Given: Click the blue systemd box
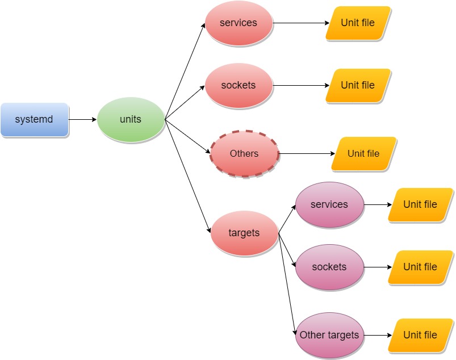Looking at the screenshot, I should click(34, 120).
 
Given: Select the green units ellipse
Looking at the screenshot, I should click(131, 120).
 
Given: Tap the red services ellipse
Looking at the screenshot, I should click(239, 23).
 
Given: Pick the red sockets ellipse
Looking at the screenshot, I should click(239, 86).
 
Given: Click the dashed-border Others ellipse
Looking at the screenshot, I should click(244, 154).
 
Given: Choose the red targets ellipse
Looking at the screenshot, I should click(244, 233).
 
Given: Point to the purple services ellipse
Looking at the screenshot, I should click(329, 204).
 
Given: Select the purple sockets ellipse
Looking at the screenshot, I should click(329, 267).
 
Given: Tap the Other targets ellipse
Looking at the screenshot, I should click(329, 335).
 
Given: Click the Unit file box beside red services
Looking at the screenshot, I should click(358, 23).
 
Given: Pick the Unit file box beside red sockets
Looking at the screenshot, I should click(358, 86).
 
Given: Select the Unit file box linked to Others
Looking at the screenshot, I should click(363, 154).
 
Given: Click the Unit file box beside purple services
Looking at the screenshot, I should click(420, 204).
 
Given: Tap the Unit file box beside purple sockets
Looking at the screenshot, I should click(420, 267).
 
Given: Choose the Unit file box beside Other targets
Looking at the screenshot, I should click(420, 335).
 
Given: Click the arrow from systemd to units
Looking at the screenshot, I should click(82, 120).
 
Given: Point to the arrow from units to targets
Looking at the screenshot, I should click(188, 177).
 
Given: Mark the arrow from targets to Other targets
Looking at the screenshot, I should click(287, 284).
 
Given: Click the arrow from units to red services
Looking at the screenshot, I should click(185, 72).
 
